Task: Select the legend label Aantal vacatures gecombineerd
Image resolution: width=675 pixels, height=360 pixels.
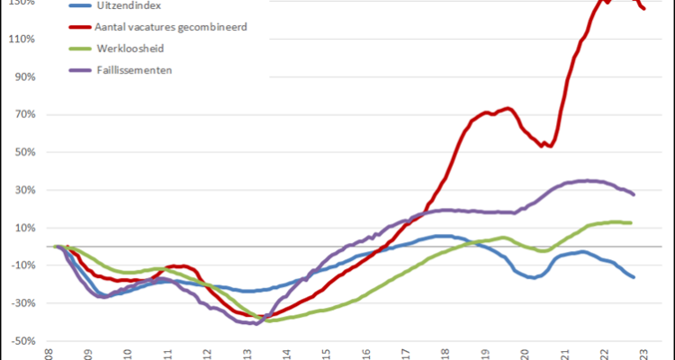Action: coord(171,27)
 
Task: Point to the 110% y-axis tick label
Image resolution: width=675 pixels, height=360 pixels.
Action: coord(22,40)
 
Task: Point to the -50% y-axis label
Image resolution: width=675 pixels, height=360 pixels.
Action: coord(22,342)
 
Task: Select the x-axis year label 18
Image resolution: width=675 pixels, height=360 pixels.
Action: coord(445,354)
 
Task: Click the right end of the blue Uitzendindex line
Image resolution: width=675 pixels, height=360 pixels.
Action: coord(634,277)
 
